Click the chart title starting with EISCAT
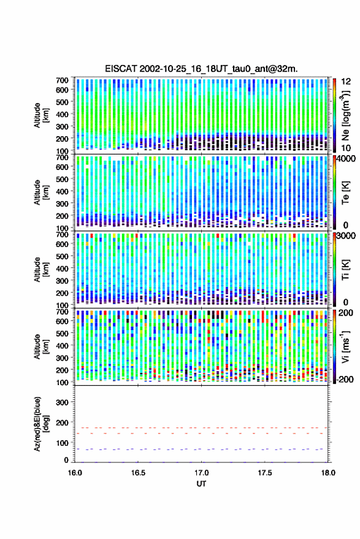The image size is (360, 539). click(201, 69)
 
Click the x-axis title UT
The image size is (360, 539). click(201, 484)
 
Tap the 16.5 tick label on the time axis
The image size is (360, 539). click(138, 473)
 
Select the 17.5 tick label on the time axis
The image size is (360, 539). click(264, 473)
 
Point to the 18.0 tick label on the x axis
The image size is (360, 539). click(328, 473)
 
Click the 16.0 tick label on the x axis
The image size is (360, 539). click(75, 473)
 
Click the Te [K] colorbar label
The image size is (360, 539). click(345, 193)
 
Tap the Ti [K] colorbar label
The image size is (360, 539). click(345, 270)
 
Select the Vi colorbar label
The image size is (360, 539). click(345, 346)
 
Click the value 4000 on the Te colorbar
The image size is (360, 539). click(347, 159)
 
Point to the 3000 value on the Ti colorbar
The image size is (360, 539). click(347, 236)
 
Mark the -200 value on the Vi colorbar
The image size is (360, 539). click(345, 379)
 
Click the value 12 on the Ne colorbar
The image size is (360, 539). click(347, 82)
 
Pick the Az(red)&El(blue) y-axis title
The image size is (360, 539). click(40, 424)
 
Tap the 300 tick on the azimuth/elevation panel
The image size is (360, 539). click(62, 402)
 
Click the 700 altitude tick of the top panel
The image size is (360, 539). click(62, 80)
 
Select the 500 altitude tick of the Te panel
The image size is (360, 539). click(62, 179)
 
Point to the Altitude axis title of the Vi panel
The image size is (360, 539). click(40, 346)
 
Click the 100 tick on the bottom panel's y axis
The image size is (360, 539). click(62, 443)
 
